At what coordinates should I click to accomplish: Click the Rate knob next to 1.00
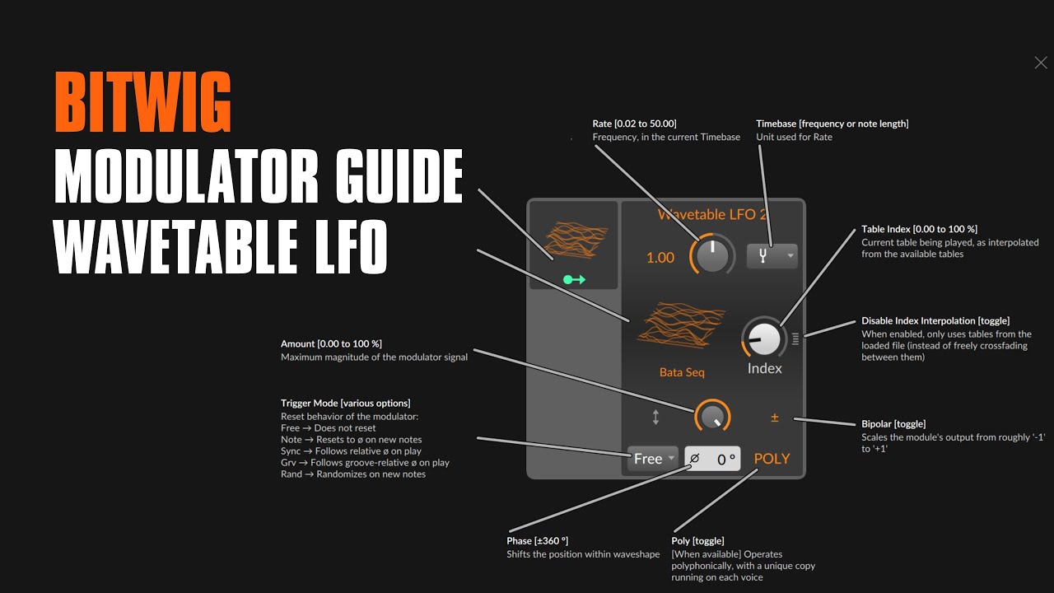[712, 255]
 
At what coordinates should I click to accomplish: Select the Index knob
[764, 339]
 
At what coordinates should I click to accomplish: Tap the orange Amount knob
[712, 417]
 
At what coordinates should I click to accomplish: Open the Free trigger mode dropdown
[653, 459]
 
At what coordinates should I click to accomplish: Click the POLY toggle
[772, 459]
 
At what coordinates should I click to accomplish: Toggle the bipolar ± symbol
[775, 418]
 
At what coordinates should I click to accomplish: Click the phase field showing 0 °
[712, 459]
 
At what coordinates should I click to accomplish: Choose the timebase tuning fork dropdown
[772, 256]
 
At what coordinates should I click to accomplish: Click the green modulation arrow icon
[574, 279]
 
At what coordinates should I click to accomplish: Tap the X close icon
[1040, 63]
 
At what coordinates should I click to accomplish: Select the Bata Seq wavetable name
[682, 372]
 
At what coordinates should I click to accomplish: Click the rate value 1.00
[660, 258]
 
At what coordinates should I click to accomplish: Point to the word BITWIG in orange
[142, 101]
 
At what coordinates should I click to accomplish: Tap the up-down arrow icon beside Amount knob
[656, 417]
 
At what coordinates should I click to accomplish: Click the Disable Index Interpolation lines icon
[795, 339]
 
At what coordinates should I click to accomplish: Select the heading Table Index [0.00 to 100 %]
[919, 229]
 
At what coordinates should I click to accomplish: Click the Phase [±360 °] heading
[537, 541]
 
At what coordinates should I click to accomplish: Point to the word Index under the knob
[764, 368]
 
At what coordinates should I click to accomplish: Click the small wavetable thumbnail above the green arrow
[575, 240]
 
